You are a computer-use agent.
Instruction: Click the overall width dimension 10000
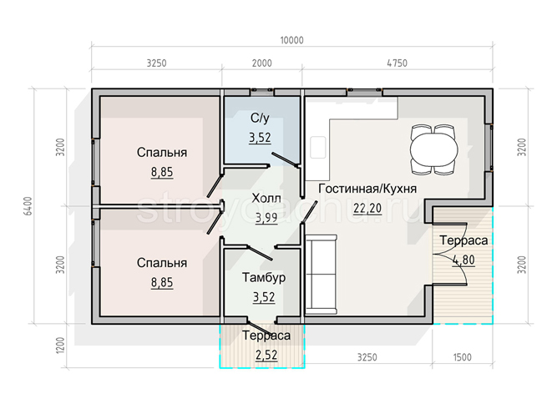[x=291, y=40]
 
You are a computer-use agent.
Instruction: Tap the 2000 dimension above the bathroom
[x=262, y=63]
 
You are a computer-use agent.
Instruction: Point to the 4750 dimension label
[x=398, y=63]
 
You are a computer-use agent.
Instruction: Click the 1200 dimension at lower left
[x=61, y=346]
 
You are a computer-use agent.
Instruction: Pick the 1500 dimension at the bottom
[x=463, y=357]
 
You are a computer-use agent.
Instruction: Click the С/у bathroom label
[x=261, y=119]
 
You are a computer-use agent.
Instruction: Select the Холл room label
[x=266, y=199]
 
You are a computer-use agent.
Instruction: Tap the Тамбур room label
[x=264, y=278]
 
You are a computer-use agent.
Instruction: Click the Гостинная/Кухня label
[x=367, y=189]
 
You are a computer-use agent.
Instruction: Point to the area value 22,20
[x=367, y=209]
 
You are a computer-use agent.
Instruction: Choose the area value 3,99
[x=266, y=219]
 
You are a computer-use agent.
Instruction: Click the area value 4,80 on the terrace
[x=464, y=260]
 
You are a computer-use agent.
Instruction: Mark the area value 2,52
[x=266, y=356]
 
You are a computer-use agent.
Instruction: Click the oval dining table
[x=434, y=149]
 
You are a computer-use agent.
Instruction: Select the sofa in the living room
[x=321, y=275]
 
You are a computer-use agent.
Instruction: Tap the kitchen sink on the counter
[x=318, y=148]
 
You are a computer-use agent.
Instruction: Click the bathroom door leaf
[x=284, y=159]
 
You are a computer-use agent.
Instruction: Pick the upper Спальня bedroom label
[x=162, y=153]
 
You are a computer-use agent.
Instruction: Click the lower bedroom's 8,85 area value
[x=162, y=283]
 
